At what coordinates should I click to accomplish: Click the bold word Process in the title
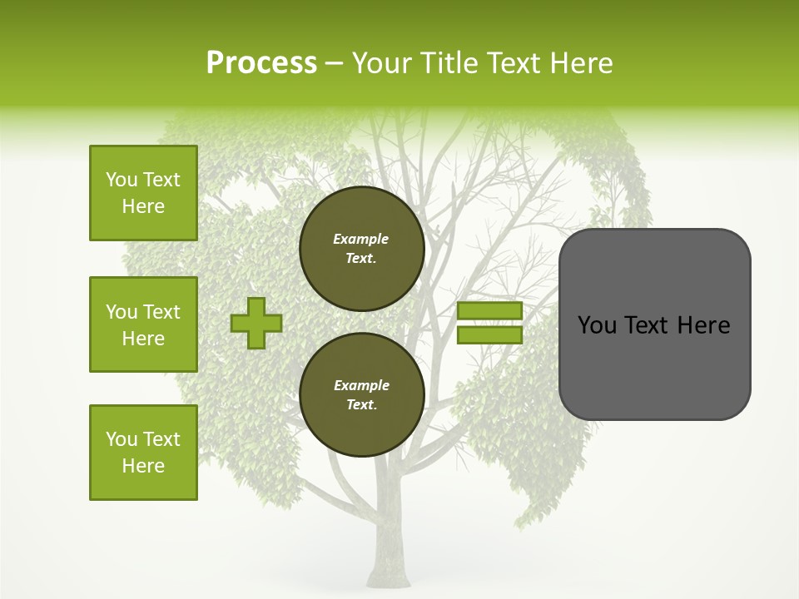[261, 63]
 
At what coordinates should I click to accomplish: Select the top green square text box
[143, 193]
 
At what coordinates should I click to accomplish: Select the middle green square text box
[143, 324]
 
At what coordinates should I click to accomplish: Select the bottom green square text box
[143, 453]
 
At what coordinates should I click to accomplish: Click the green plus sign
[256, 323]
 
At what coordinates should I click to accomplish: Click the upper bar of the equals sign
[489, 311]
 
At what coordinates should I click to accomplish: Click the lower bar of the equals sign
[489, 335]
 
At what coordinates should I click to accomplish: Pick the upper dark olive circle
[362, 248]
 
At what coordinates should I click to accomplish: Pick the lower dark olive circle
[362, 394]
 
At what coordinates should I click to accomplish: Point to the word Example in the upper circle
[361, 239]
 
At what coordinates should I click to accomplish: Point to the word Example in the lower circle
[361, 385]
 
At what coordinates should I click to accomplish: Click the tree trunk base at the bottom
[390, 566]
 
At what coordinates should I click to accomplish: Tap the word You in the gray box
[597, 325]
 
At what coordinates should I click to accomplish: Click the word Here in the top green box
[143, 206]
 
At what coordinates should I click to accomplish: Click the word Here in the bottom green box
[143, 466]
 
